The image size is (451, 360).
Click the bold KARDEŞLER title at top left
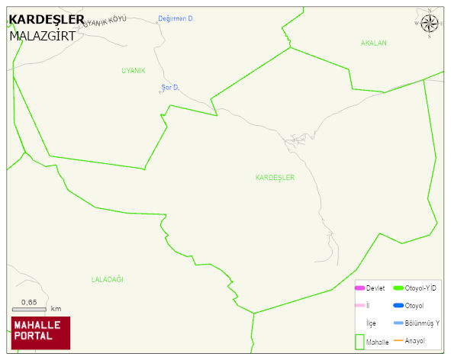tap(47, 20)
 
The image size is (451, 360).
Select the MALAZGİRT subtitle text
tap(43, 36)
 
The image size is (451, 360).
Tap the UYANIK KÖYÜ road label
tap(103, 22)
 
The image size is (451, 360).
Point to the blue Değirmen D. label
tap(176, 18)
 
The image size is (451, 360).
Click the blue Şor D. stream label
tap(169, 87)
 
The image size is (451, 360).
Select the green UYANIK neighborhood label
tap(133, 71)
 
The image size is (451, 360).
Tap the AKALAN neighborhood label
tap(374, 43)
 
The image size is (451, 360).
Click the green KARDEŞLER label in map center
tap(275, 177)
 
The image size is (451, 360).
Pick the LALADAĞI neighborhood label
tap(107, 279)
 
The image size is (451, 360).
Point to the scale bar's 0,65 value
tap(29, 302)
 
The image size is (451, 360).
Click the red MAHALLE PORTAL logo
tap(40, 333)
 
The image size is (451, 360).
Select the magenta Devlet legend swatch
tap(359, 288)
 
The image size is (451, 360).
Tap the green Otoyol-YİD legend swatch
tap(398, 288)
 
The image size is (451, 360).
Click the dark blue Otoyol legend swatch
tap(398, 306)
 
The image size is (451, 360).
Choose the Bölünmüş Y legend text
tap(422, 323)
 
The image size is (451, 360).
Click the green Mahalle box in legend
tap(359, 341)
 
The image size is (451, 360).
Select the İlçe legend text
tap(371, 323)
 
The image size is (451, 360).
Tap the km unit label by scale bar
tap(56, 309)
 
